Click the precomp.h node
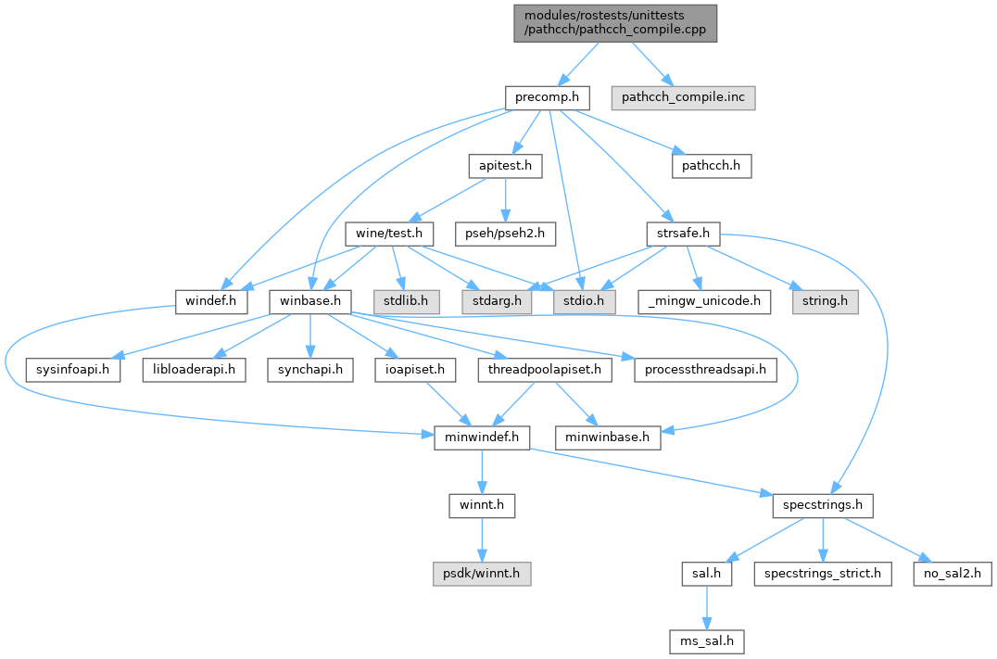[x=549, y=96]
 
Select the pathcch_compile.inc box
[x=683, y=96]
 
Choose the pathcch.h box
[x=711, y=166]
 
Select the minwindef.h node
[x=481, y=437]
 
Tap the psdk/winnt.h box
[x=481, y=574]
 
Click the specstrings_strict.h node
[x=823, y=574]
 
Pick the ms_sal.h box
[x=707, y=641]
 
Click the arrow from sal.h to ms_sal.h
[x=707, y=607]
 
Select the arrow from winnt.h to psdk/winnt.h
[x=481, y=539]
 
